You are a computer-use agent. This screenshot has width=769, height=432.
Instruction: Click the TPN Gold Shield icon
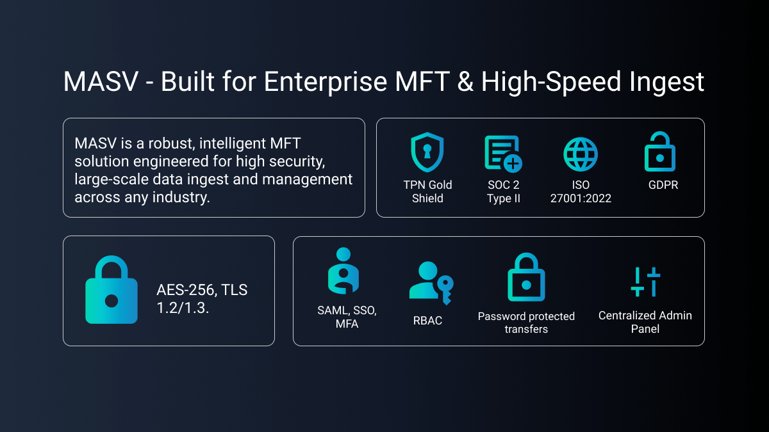coord(427,152)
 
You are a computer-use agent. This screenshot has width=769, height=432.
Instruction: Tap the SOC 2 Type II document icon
coord(503,154)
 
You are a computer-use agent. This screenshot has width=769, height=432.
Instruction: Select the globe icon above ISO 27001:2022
coord(581,154)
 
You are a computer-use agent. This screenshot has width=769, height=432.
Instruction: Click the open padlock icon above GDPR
coord(659,152)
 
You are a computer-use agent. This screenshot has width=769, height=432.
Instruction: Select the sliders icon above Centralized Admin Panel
coord(645,282)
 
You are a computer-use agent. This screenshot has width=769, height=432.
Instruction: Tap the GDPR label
coord(663,185)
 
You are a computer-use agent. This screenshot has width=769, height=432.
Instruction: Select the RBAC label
coord(427,321)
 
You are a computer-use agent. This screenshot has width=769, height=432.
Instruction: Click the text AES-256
coord(185,290)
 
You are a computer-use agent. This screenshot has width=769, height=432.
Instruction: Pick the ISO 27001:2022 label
coord(581,191)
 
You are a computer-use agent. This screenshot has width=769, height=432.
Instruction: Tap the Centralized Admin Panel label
coord(645,322)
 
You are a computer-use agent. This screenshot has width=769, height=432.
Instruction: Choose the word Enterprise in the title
coord(326,82)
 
